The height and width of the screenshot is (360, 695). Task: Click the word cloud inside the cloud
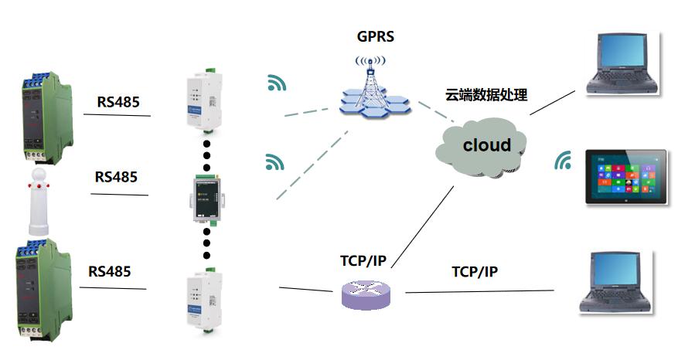[486, 144]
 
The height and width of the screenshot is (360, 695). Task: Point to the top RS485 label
[118, 102]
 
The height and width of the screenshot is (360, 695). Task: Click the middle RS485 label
[116, 177]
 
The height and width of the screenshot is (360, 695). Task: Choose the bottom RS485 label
[109, 271]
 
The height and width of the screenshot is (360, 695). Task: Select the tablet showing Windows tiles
[625, 176]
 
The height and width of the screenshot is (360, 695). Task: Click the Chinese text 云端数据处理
[486, 96]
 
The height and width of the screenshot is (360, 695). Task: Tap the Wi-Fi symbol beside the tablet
[564, 161]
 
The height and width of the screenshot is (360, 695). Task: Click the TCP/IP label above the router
[363, 260]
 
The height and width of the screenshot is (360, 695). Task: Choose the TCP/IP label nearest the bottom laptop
[474, 272]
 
